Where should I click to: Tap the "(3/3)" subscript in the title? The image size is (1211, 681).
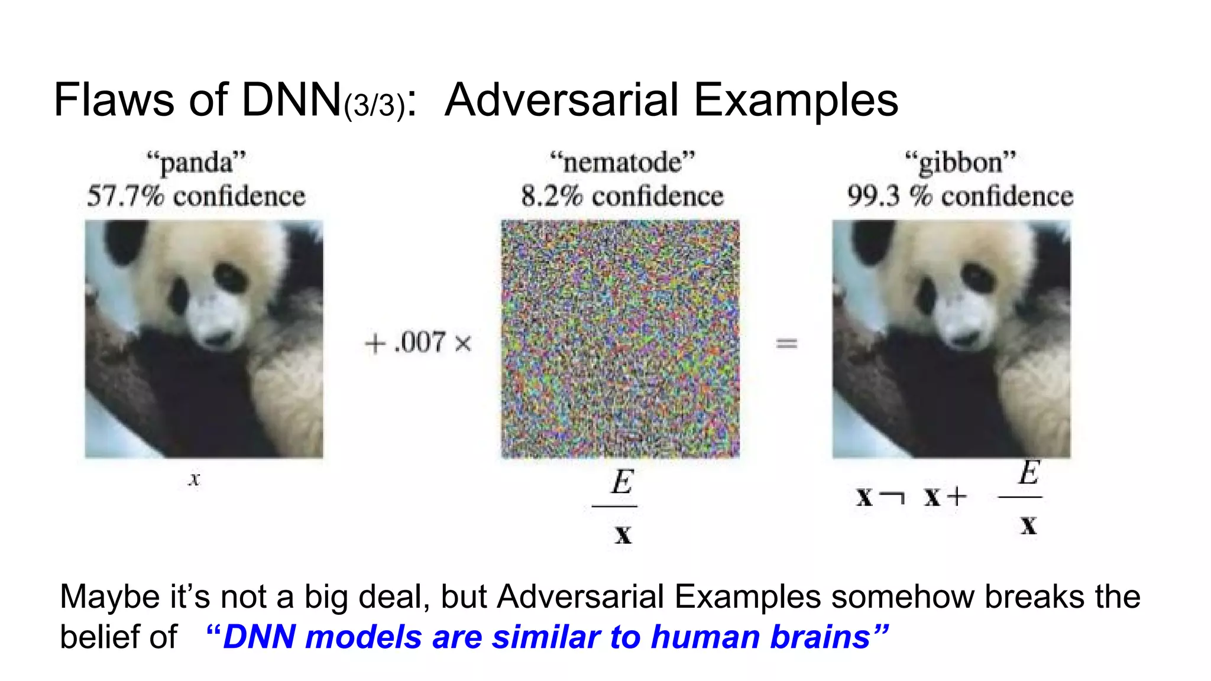[374, 106]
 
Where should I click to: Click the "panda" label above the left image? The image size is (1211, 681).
[196, 163]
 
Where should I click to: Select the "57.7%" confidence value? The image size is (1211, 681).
[125, 196]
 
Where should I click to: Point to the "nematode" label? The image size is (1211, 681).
[622, 163]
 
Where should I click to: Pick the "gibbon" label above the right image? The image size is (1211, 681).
[960, 163]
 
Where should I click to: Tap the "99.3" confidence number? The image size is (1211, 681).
[874, 196]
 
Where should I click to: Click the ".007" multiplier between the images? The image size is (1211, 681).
[419, 342]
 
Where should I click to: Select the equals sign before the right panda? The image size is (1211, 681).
[786, 343]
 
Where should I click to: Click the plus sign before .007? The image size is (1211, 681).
[375, 343]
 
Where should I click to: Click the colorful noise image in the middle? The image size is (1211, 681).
[620, 339]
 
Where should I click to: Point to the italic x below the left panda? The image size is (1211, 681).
[195, 479]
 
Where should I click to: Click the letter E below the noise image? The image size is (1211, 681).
[622, 482]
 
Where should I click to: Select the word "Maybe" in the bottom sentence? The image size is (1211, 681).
[110, 596]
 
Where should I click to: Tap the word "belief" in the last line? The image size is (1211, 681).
[100, 637]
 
